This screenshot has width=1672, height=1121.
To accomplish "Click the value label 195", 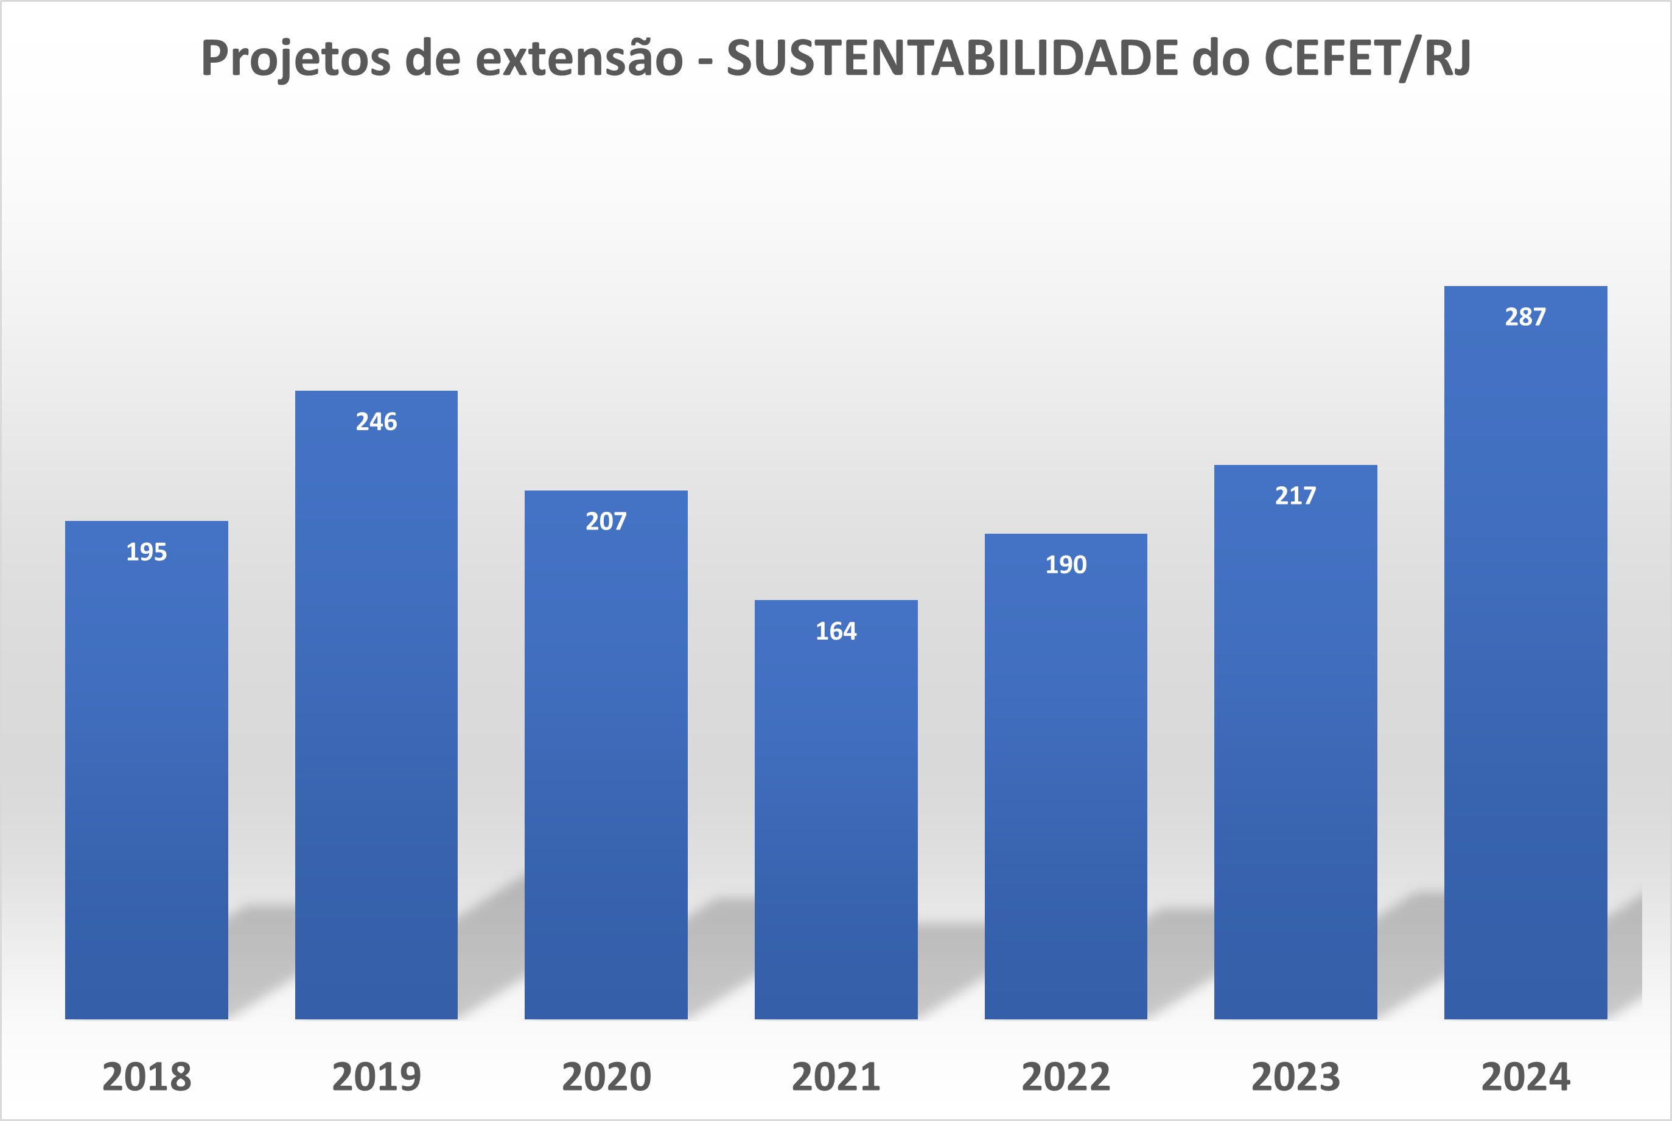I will pyautogui.click(x=147, y=552).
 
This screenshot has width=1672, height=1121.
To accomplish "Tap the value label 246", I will pyautogui.click(x=376, y=422).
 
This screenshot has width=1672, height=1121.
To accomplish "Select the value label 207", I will pyautogui.click(x=606, y=521).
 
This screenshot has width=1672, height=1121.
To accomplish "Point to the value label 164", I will pyautogui.click(x=836, y=631).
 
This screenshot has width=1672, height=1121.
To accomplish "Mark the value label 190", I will pyautogui.click(x=1066, y=565).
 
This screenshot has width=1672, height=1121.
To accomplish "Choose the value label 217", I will pyautogui.click(x=1295, y=495).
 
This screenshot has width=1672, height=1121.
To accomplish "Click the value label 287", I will pyautogui.click(x=1525, y=316).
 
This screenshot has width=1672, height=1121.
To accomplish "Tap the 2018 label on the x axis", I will pyautogui.click(x=147, y=1077).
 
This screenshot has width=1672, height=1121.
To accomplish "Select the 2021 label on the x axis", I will pyautogui.click(x=836, y=1077).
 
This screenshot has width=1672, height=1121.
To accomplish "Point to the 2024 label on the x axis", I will pyautogui.click(x=1525, y=1077).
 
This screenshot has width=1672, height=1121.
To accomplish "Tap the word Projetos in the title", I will pyautogui.click(x=295, y=58).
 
